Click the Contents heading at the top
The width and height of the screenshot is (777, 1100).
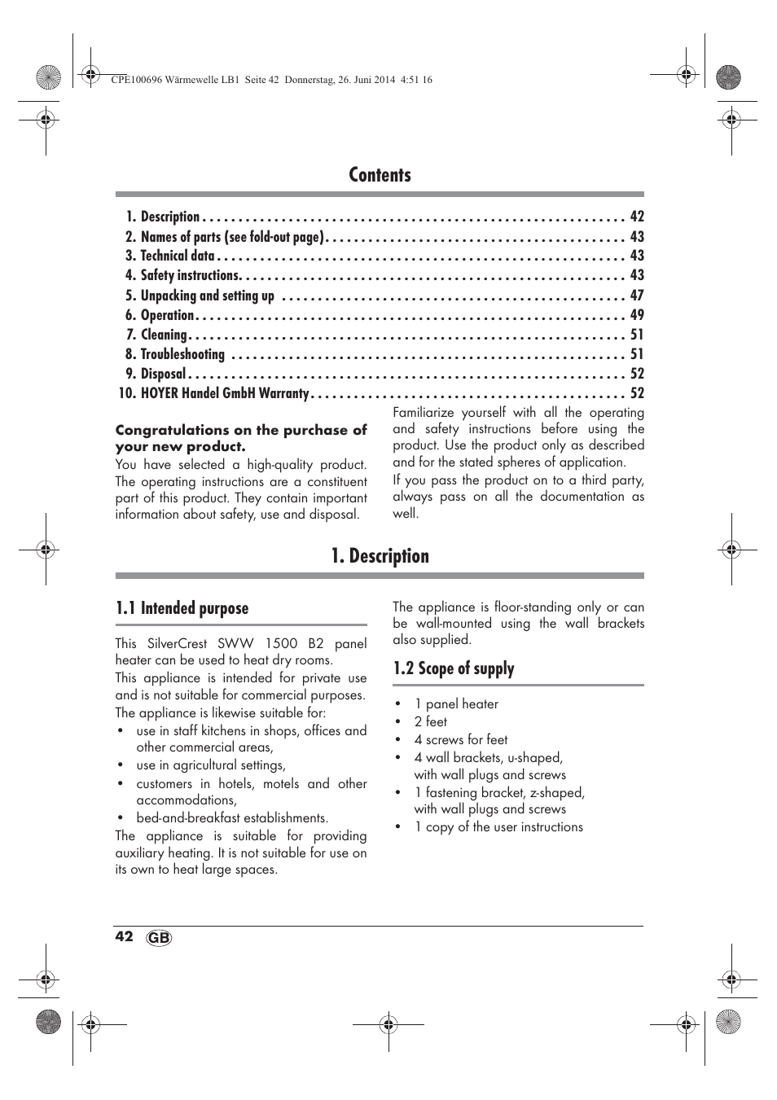click(380, 175)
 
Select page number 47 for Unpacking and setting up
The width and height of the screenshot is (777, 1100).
click(637, 296)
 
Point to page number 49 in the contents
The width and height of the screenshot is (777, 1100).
click(637, 315)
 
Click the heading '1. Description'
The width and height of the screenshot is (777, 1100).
click(380, 556)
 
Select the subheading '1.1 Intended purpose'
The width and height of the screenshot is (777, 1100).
click(182, 608)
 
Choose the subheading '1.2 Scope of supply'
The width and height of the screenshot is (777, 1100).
click(454, 668)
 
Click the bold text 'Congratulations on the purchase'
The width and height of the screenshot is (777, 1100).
click(241, 430)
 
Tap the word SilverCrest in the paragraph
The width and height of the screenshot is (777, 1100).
click(182, 643)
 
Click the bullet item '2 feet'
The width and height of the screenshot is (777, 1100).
click(430, 721)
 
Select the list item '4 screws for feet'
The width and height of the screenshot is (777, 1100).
click(460, 739)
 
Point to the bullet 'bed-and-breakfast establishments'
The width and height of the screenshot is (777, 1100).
click(232, 817)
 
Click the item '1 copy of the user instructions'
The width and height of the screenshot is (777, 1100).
click(498, 826)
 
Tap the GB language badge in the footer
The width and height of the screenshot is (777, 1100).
click(160, 938)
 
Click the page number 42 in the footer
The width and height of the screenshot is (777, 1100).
click(124, 936)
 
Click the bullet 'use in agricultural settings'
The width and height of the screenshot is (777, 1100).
click(211, 765)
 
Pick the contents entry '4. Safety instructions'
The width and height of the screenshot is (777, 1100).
click(190, 275)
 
